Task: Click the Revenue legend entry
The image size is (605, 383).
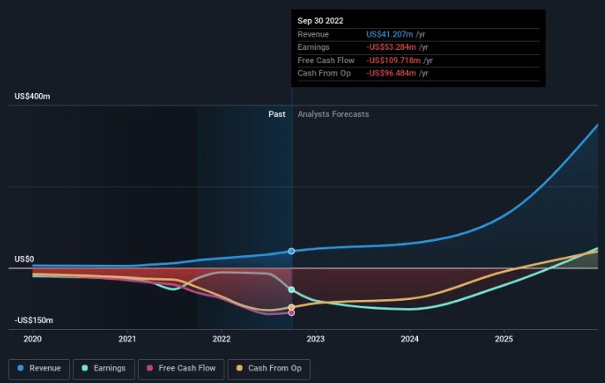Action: point(39,368)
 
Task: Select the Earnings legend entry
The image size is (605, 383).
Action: point(104,368)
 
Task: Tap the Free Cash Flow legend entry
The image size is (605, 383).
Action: point(181,368)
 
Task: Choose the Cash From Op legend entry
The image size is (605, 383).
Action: point(269,368)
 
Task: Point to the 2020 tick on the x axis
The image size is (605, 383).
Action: point(32,339)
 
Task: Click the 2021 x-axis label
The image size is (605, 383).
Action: point(127,339)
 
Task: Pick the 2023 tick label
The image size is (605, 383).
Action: point(316,339)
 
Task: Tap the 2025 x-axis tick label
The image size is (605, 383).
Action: point(504,339)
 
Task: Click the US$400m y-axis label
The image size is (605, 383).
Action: point(32,97)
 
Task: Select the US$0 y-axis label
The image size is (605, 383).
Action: point(23,260)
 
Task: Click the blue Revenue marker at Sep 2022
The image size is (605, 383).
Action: point(292,251)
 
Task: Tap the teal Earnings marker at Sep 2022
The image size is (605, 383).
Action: point(292,289)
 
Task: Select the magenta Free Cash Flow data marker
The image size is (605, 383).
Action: point(292,312)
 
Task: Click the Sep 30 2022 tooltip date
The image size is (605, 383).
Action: point(321,21)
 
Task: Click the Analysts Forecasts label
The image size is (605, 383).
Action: point(333,115)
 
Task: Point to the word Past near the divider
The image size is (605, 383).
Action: point(277,115)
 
